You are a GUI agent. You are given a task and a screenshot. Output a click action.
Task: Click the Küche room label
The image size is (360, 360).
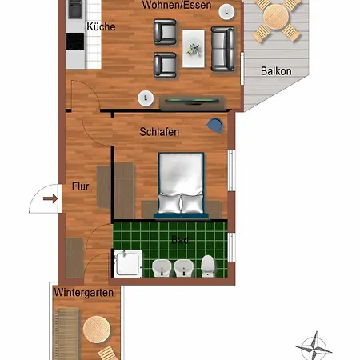coord(101,26)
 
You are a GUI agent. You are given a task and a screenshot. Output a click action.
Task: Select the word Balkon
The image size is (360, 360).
coord(276,70)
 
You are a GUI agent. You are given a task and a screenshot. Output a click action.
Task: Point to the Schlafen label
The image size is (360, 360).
coord(158,132)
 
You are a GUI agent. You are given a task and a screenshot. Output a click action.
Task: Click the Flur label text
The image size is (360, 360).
coord(79,186)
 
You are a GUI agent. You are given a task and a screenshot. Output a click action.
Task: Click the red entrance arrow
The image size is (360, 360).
coord(50,198)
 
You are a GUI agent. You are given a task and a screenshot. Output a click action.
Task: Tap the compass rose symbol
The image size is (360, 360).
coord(313,346)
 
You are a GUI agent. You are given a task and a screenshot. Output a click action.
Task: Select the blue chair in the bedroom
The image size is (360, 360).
coord(214,124)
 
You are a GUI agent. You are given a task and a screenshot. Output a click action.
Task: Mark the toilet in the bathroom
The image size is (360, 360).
coord(208,265)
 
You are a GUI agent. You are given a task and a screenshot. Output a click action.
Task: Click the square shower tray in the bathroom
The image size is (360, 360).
coord(128,263)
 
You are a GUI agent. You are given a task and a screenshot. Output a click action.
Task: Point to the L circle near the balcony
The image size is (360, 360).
coord(229,12)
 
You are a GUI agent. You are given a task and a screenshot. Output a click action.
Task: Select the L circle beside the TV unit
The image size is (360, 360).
coord(146,98)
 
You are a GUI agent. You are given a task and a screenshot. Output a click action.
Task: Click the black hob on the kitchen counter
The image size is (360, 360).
coord(75,10)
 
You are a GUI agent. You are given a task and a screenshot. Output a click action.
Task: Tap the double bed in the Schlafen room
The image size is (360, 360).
coord(182,185)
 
